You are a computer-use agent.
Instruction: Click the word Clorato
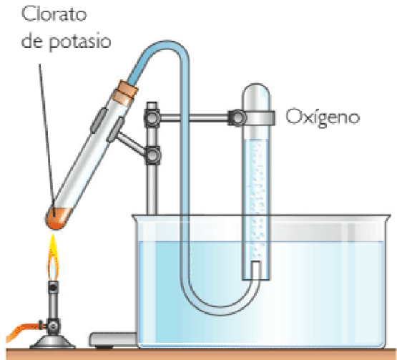(54, 14)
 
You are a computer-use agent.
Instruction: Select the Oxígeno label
(323, 117)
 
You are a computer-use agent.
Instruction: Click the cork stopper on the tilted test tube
(125, 92)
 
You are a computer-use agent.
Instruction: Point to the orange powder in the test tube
(57, 218)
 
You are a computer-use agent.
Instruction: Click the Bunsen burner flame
(53, 257)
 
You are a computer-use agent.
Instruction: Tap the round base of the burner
(53, 342)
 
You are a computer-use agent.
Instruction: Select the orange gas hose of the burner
(23, 330)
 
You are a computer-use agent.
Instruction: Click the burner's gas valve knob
(54, 325)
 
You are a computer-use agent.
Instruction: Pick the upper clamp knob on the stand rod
(152, 118)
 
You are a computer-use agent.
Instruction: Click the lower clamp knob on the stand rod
(152, 155)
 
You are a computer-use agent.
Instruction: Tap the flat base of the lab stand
(114, 340)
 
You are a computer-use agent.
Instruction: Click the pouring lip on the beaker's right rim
(388, 217)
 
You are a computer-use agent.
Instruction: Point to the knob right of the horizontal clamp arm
(237, 118)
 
